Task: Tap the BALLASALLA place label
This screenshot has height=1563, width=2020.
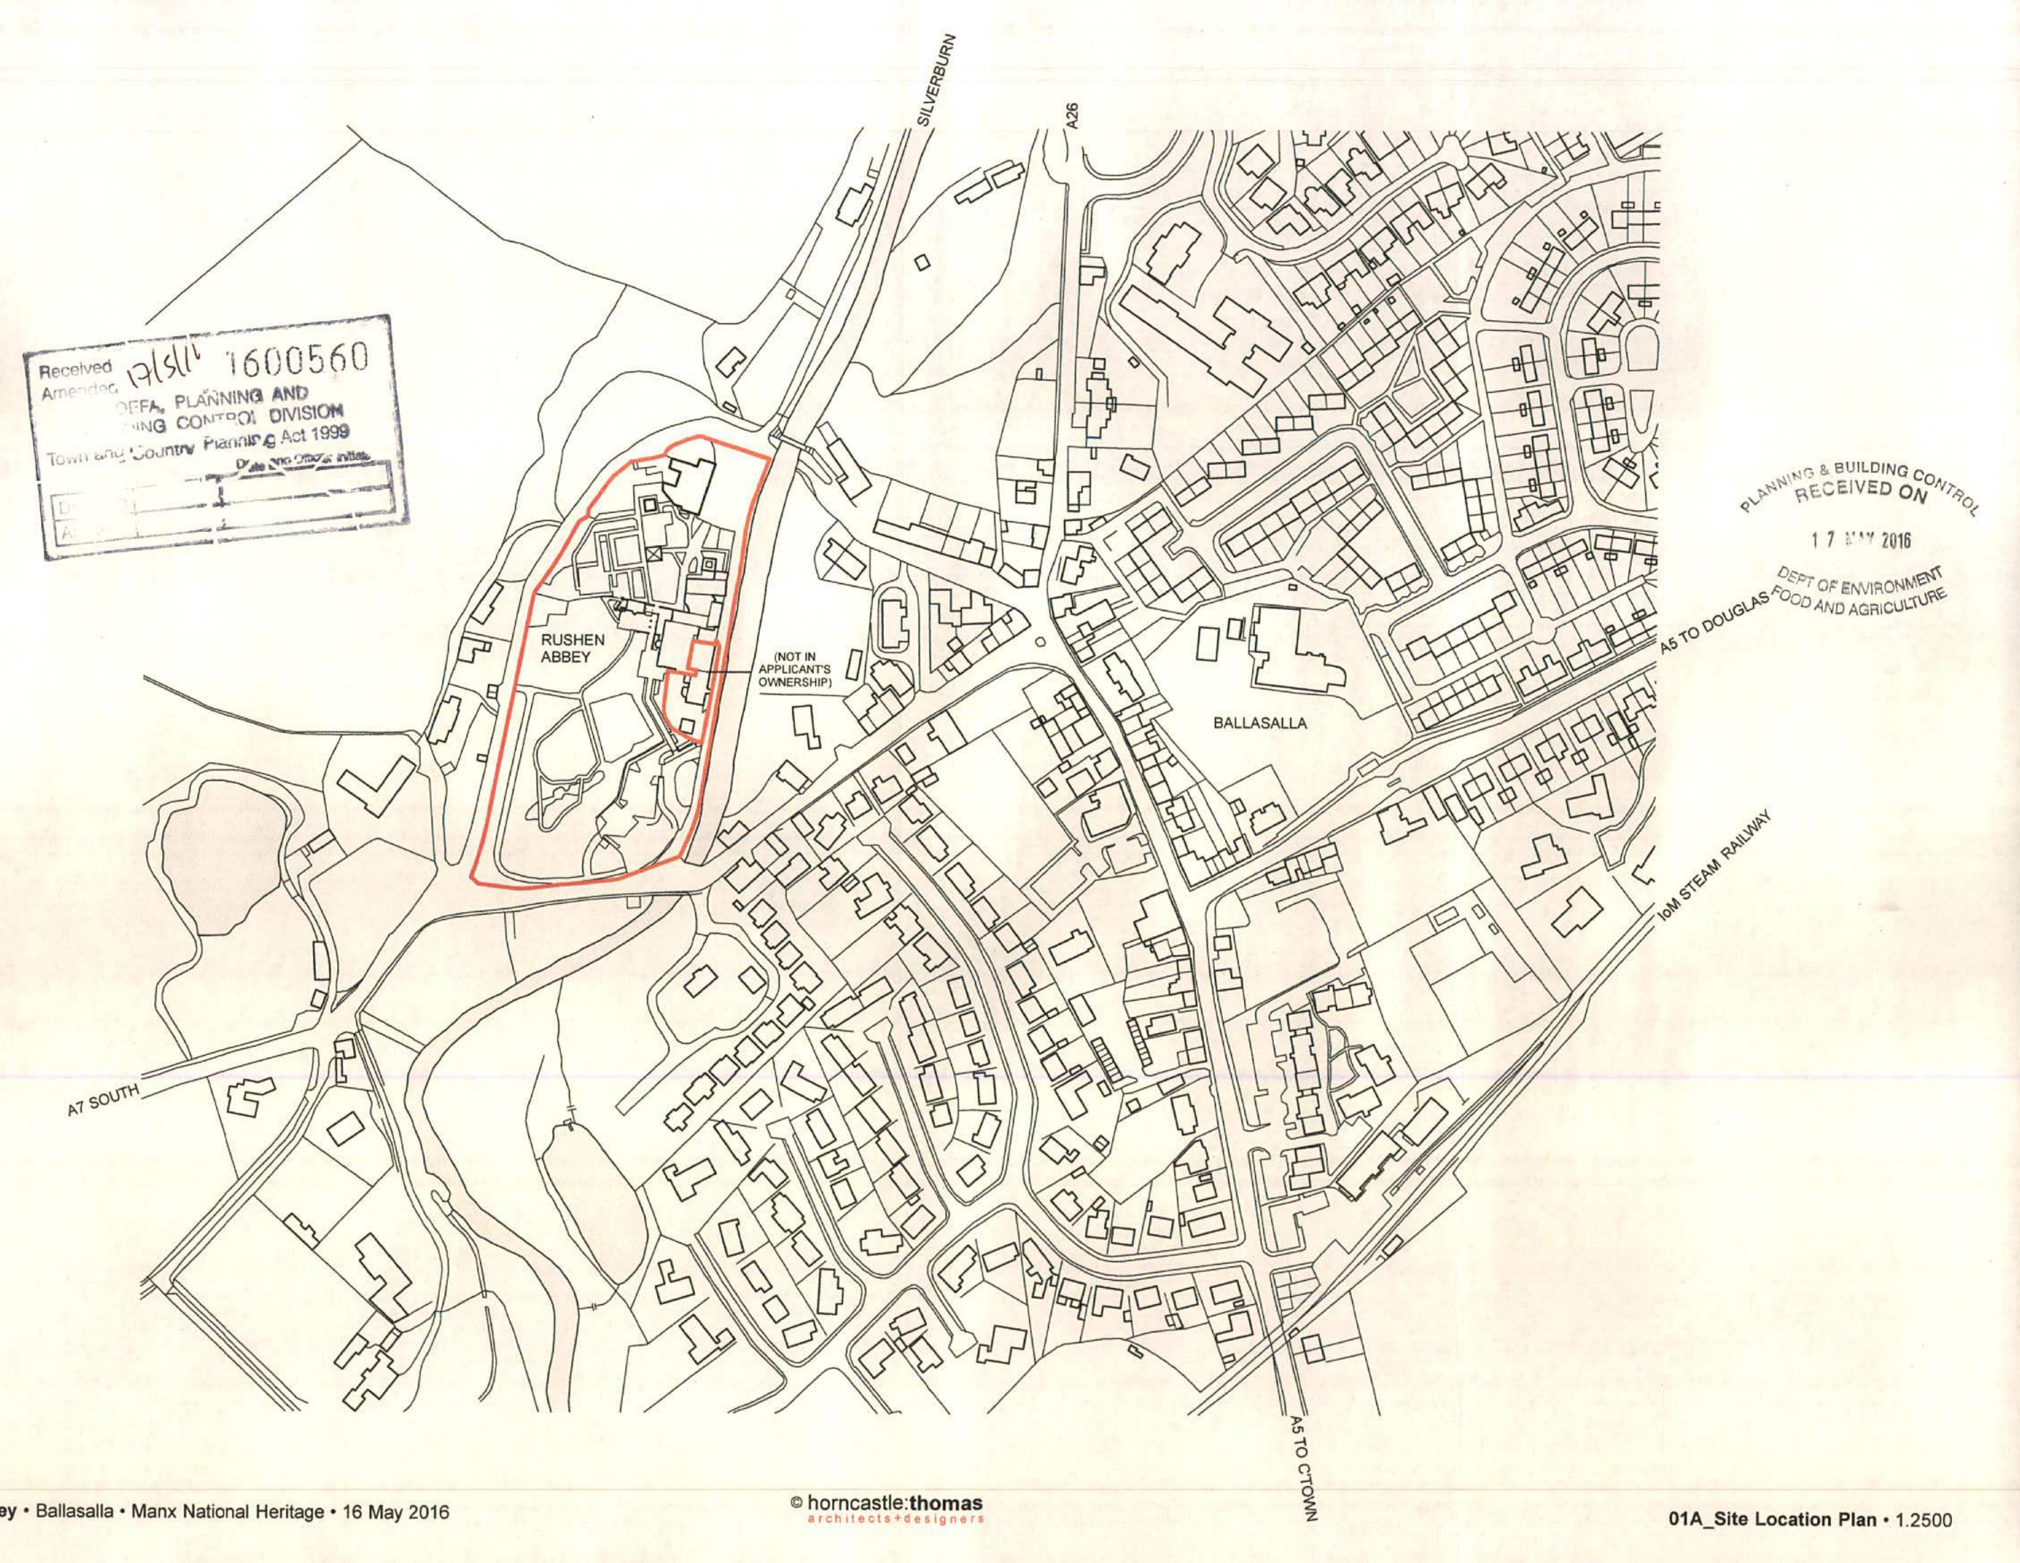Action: [x=1260, y=723]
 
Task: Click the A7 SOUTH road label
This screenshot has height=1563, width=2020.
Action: [x=103, y=1100]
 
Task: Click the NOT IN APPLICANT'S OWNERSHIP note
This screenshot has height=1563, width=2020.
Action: [x=797, y=671]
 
